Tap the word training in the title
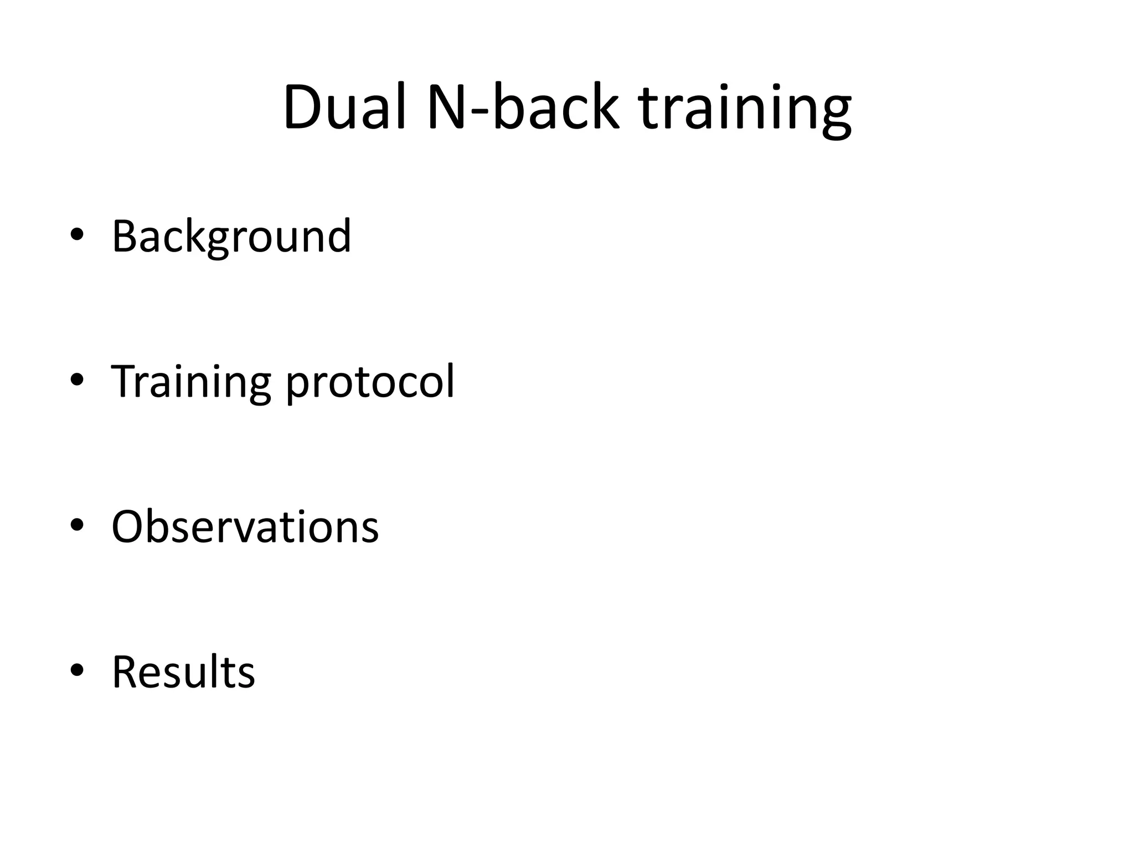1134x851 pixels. pos(745,109)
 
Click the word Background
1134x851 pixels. pos(231,237)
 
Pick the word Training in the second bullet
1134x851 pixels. pos(191,382)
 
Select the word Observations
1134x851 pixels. pos(245,526)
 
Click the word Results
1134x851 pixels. pos(183,672)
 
